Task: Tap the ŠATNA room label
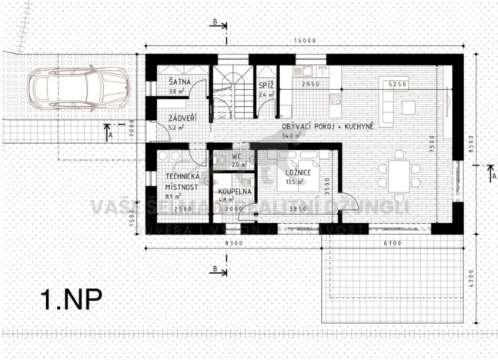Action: coord(169,83)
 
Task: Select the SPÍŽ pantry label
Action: coord(266,84)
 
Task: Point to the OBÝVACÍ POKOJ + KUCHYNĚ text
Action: coord(327,125)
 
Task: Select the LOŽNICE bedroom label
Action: coord(296,173)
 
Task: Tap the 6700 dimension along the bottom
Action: coord(393,243)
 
